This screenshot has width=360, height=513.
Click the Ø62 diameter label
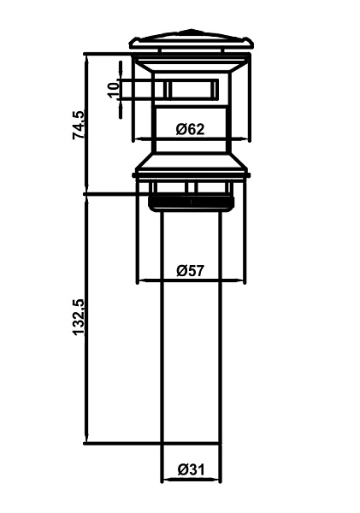point(190,129)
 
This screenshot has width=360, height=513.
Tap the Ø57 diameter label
point(190,270)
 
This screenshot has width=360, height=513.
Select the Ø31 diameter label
point(191,469)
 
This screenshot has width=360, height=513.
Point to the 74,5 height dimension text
point(79,125)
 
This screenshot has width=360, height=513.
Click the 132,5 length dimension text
point(79,317)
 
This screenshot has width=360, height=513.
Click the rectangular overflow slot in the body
point(191,89)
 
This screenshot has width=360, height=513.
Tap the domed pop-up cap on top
point(192,40)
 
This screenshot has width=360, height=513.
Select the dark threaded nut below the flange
point(192,203)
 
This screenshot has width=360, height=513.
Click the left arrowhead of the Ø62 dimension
point(140,139)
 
